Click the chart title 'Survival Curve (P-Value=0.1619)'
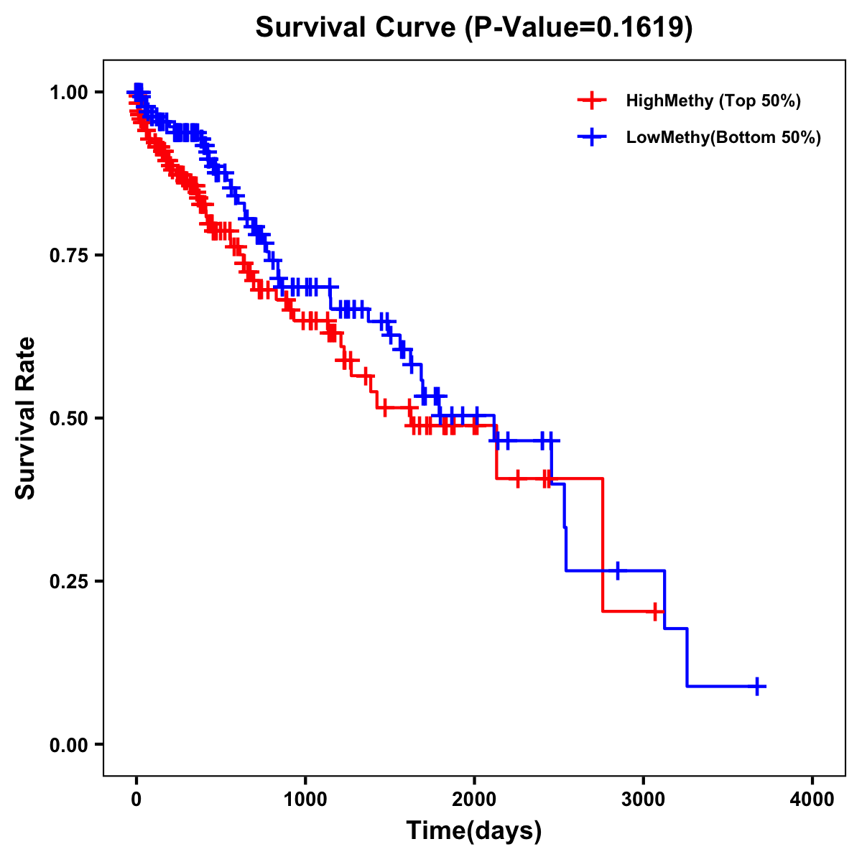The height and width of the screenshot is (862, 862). pos(474,28)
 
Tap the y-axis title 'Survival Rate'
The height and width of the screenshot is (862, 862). pos(26,417)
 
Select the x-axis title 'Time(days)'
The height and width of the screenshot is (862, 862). pos(474,831)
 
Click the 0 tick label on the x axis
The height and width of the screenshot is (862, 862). pos(136,800)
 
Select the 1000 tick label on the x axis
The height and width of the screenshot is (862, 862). pos(305,800)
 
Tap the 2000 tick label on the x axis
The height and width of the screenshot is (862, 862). pos(474,800)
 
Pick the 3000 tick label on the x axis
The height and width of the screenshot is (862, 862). pos(644,800)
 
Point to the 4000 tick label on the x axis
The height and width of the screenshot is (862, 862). pos(812,800)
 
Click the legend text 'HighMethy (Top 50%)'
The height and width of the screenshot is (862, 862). pos(713,101)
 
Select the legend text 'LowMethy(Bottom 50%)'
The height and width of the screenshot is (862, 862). pos(723,137)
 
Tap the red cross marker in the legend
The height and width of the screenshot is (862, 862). pos(592,101)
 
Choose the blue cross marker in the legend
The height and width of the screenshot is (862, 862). pos(592,137)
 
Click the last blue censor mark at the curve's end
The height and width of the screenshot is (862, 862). pos(757,687)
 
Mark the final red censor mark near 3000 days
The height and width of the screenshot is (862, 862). pos(654,611)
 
